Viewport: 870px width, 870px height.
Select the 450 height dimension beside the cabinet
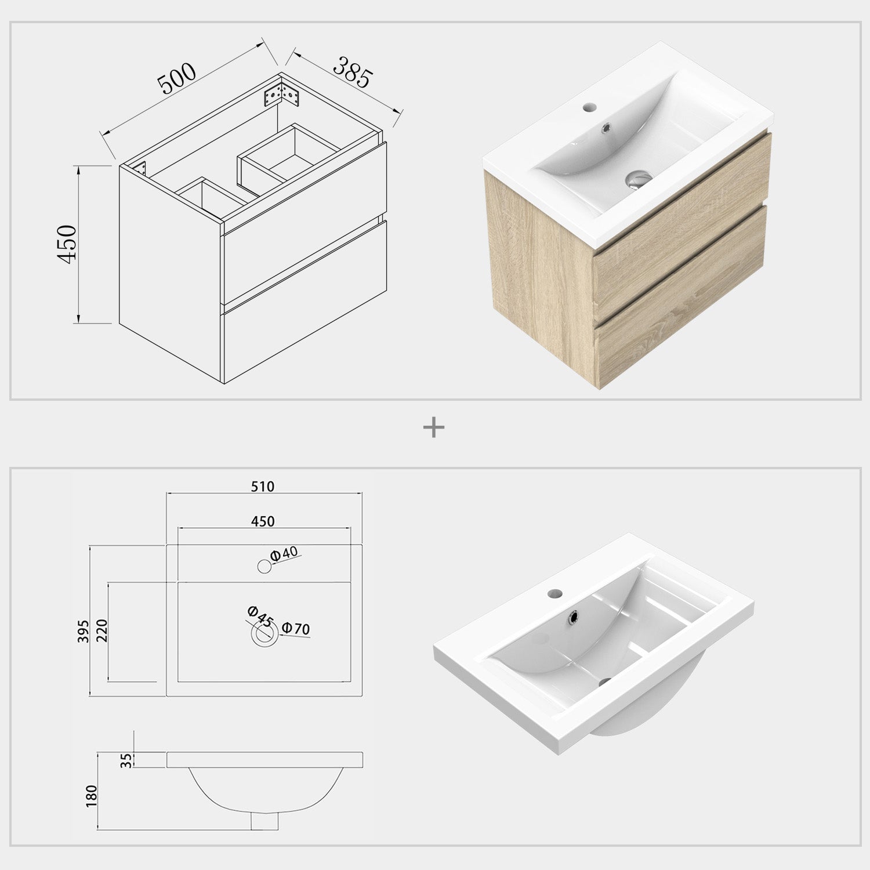[x=67, y=244]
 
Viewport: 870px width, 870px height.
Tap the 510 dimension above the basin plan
[x=263, y=486]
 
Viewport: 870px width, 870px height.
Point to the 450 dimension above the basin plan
[x=263, y=521]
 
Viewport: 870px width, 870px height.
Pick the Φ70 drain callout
[x=296, y=629]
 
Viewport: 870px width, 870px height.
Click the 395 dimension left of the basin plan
[x=83, y=631]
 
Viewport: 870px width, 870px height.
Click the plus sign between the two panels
[x=434, y=429]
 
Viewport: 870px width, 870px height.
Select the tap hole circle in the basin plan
[x=264, y=567]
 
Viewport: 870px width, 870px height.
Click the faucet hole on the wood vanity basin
[x=574, y=107]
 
